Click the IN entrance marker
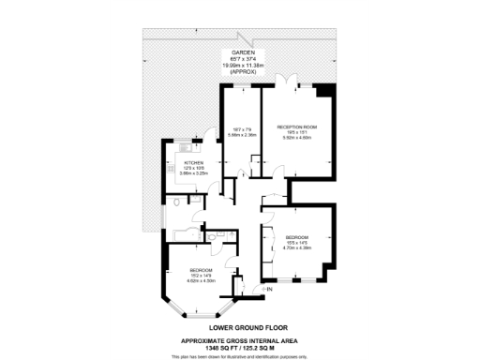point(270,290)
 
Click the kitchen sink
point(185,145)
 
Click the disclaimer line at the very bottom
point(241,356)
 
